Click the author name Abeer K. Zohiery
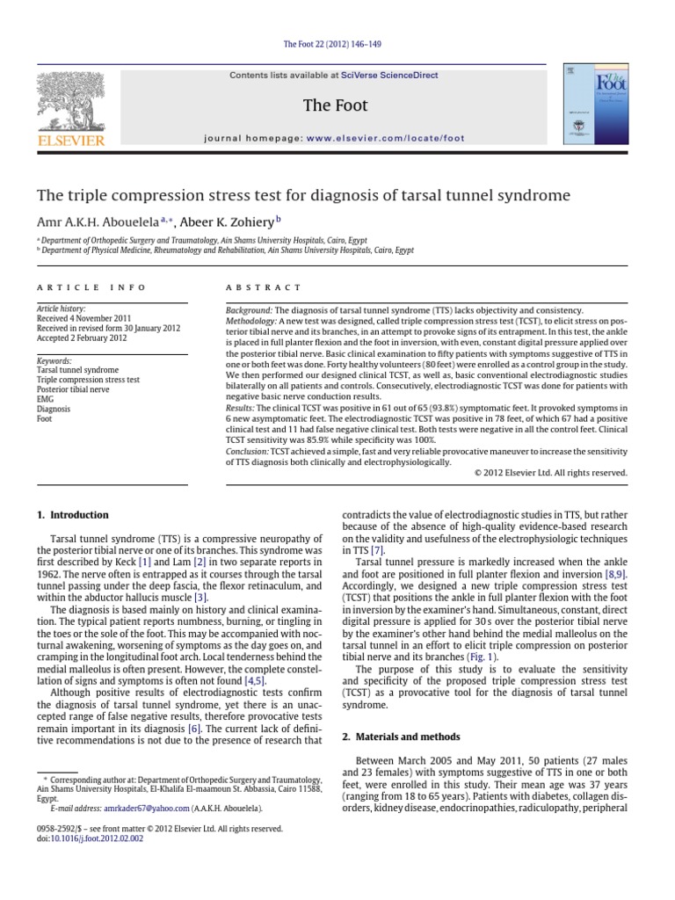click(x=233, y=220)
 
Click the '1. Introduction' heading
click(x=73, y=515)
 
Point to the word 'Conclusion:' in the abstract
click(x=241, y=451)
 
